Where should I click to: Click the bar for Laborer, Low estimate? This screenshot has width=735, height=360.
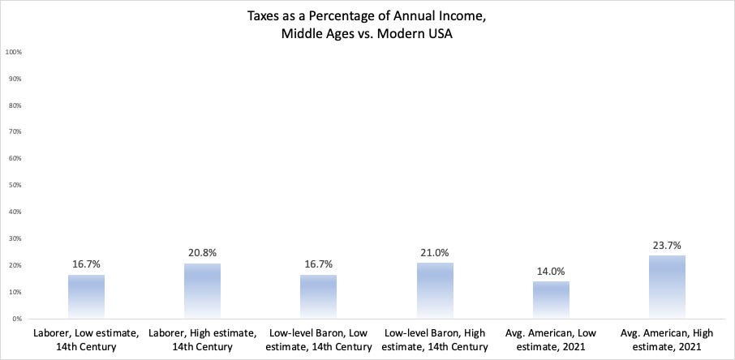click(86, 297)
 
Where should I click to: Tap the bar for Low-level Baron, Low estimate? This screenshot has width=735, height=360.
click(319, 297)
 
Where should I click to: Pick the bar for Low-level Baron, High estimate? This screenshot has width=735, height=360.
click(435, 290)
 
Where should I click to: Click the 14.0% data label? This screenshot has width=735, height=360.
click(551, 272)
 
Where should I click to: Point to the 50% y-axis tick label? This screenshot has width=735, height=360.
click(15, 186)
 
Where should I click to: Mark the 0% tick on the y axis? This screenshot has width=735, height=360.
click(16, 319)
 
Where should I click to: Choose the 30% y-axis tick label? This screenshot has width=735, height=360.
click(15, 238)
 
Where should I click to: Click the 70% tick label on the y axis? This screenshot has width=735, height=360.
click(15, 132)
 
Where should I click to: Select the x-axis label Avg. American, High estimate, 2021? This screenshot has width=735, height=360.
click(668, 340)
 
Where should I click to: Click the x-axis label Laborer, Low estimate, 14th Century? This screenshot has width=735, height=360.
click(86, 340)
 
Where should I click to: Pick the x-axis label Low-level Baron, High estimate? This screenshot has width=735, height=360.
click(435, 340)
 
